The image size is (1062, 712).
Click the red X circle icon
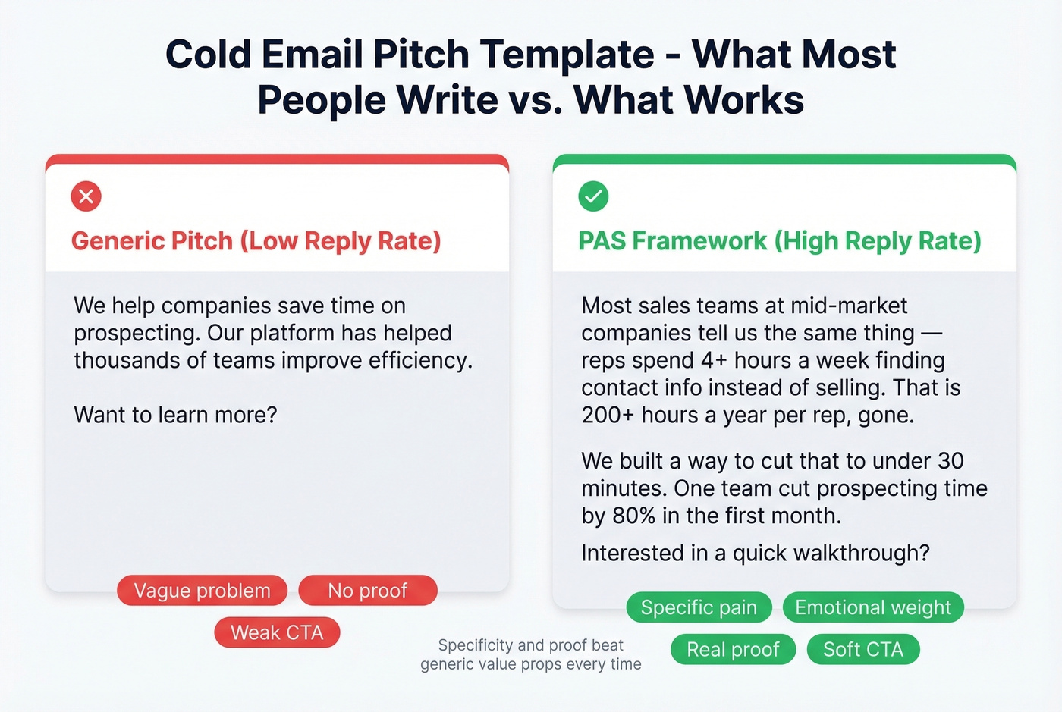86,196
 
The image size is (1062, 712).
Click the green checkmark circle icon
593,196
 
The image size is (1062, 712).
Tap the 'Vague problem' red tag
202,591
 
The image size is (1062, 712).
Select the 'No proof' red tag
367,591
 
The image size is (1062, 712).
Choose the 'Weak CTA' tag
277,632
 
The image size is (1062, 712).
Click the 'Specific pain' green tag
699,607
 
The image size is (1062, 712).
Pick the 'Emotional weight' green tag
872,607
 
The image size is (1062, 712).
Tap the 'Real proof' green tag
733,650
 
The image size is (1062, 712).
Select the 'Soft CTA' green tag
862,650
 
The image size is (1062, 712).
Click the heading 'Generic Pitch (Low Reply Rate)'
256,241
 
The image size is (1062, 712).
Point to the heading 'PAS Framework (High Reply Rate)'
779,241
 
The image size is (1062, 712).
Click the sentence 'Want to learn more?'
175,415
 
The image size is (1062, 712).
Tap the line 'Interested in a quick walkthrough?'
755,553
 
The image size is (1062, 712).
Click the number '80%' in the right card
633,516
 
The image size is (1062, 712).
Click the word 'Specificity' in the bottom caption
475,645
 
